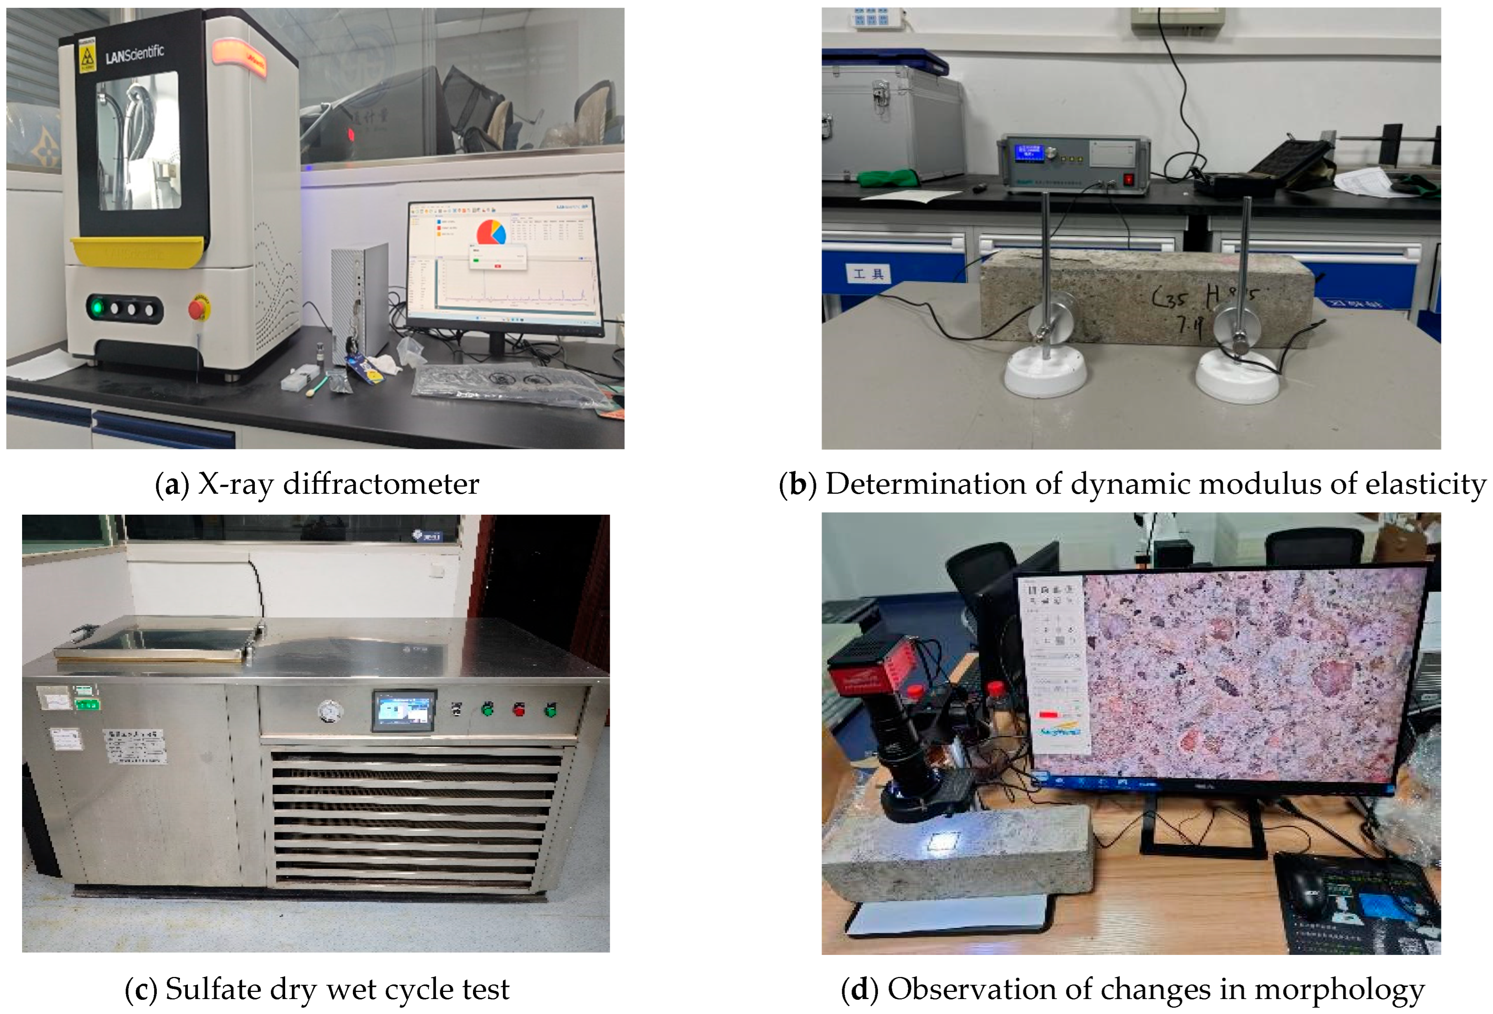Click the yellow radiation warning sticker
[87, 55]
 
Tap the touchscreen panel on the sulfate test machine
[403, 711]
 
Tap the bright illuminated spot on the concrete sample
[944, 841]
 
